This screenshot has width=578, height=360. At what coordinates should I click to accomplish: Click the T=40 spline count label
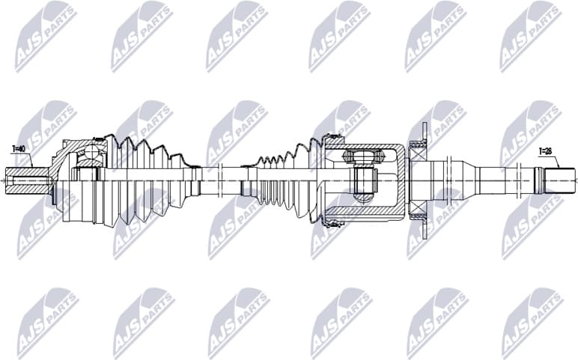click(19, 150)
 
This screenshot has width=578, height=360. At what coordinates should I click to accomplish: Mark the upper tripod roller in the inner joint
click(359, 158)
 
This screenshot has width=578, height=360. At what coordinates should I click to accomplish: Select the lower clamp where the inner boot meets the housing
click(328, 222)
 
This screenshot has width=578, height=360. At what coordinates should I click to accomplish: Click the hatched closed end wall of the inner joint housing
click(403, 180)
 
